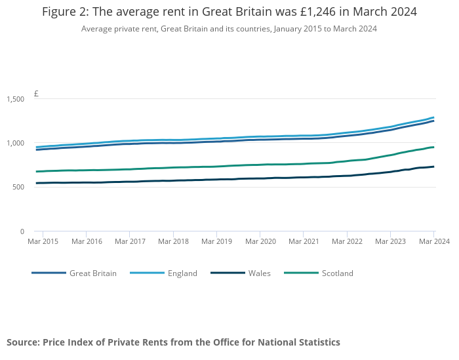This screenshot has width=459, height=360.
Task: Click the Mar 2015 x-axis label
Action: click(x=43, y=241)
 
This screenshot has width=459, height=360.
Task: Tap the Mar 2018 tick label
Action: click(x=173, y=241)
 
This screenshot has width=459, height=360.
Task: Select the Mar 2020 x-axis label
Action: click(x=260, y=241)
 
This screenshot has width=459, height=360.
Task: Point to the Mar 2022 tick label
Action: click(x=347, y=241)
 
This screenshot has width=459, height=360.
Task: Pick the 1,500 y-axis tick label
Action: click(x=15, y=99)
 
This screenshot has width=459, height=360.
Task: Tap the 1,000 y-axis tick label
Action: click(x=15, y=143)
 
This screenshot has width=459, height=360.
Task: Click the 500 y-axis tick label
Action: click(x=18, y=188)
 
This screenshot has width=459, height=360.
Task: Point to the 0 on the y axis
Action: click(x=22, y=231)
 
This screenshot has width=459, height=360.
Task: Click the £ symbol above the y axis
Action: click(x=36, y=94)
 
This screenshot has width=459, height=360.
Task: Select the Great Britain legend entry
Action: click(x=92, y=273)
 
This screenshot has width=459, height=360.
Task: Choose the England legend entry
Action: click(x=182, y=273)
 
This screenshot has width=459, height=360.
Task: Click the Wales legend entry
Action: click(x=259, y=273)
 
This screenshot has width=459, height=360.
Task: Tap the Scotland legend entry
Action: click(x=337, y=273)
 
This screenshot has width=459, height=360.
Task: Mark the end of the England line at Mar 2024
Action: click(x=434, y=117)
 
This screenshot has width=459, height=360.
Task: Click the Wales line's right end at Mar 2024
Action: click(x=434, y=167)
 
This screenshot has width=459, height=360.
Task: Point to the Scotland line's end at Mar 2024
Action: click(x=434, y=147)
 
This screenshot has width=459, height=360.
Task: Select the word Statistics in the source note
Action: click(x=317, y=342)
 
